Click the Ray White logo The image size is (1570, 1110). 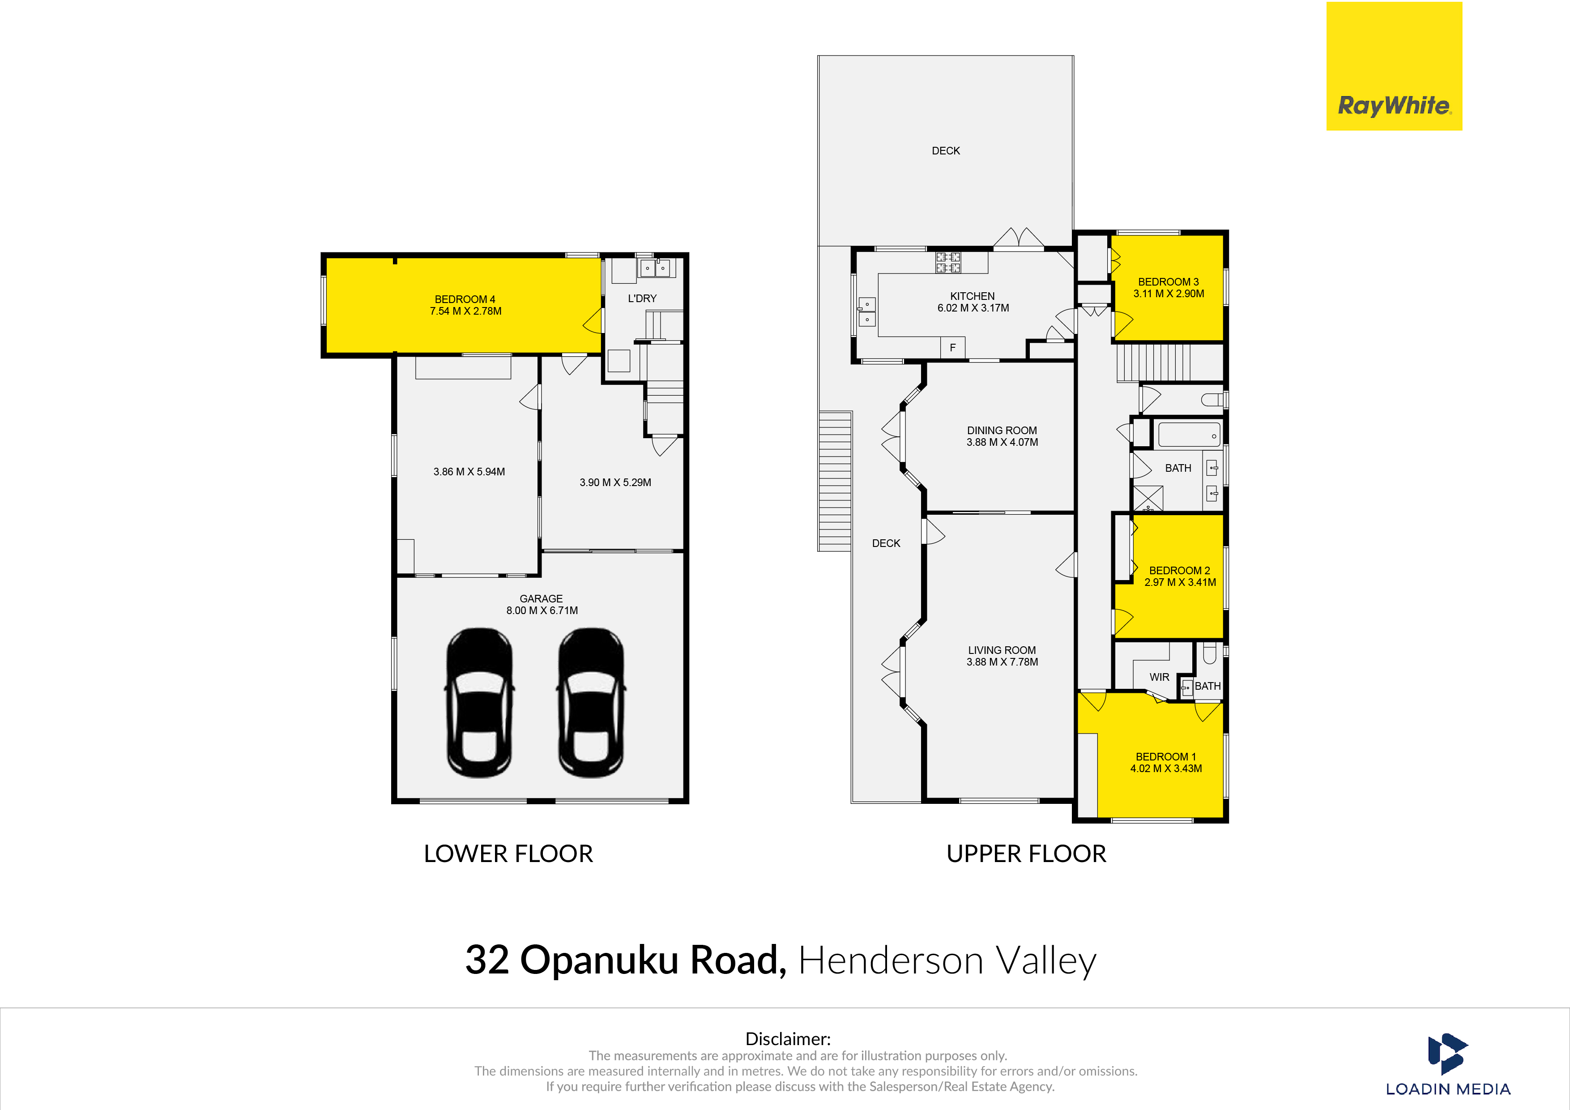[1394, 66]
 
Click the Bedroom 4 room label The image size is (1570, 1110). [465, 299]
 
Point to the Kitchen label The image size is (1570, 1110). [973, 296]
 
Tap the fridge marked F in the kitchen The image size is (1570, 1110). [952, 347]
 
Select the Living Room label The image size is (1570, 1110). [1002, 650]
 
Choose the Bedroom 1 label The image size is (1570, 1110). [1166, 756]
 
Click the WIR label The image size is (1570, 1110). [1159, 677]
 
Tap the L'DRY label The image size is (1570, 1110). [642, 298]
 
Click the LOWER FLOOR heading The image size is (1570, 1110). [508, 854]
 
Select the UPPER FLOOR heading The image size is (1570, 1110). [1026, 854]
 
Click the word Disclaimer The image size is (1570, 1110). [788, 1039]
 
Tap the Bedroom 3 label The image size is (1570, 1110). [1168, 282]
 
